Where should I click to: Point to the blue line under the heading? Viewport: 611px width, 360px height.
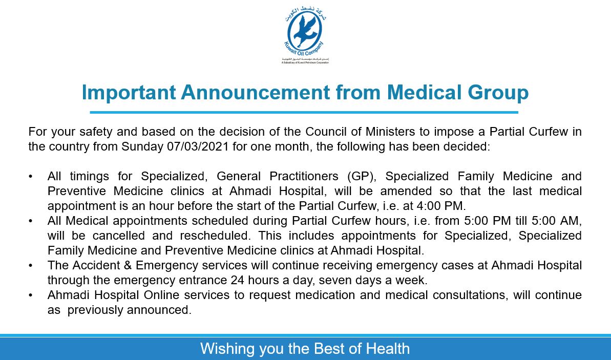[x=304, y=112]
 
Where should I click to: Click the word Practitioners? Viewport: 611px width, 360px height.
[x=299, y=176]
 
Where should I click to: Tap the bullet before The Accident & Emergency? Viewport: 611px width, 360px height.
[x=31, y=265]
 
